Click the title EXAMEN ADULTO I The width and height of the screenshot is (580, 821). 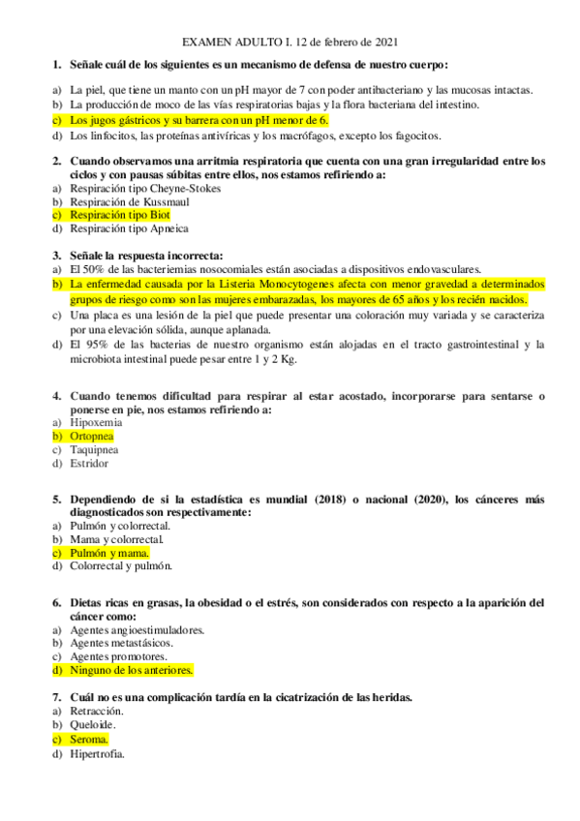(236, 44)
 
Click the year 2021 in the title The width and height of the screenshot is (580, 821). (383, 44)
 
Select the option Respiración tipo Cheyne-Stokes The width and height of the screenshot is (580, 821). (145, 188)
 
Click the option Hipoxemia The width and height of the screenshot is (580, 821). (96, 422)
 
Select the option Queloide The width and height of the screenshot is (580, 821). (93, 724)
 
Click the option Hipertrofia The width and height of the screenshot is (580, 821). (97, 752)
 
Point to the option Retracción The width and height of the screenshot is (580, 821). (96, 711)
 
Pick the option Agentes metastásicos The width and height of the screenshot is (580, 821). (121, 642)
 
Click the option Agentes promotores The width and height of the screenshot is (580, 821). (118, 655)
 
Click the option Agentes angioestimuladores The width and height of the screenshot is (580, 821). (137, 629)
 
